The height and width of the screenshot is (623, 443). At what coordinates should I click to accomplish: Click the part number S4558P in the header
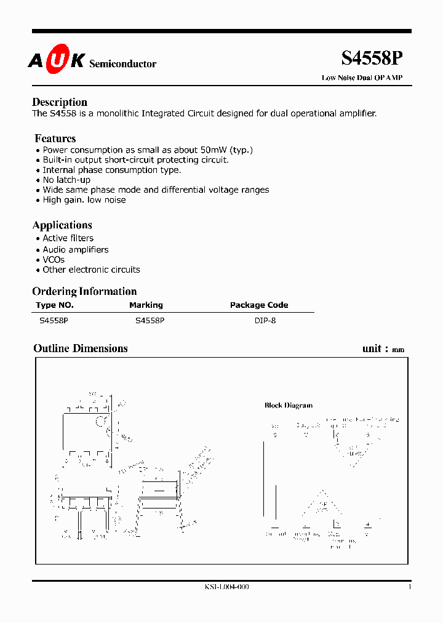(372, 58)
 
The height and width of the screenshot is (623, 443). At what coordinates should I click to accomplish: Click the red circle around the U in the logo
(54, 60)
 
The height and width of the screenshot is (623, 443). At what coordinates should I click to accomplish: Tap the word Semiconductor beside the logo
(123, 64)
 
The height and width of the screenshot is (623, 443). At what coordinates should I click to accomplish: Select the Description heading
(60, 102)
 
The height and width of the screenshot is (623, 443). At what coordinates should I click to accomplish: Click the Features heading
(55, 139)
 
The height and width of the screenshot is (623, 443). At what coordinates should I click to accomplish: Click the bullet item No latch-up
(66, 180)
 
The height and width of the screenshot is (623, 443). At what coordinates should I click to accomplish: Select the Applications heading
(62, 225)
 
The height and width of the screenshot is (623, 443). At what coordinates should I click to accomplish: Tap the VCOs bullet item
(54, 260)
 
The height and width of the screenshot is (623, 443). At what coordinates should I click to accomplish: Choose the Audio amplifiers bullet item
(75, 249)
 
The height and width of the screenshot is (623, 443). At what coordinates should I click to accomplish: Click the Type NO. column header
(55, 305)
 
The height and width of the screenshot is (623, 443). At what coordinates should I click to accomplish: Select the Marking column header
(146, 305)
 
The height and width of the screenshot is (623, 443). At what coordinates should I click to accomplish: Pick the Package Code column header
(258, 305)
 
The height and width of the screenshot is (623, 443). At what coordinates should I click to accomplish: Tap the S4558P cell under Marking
(150, 321)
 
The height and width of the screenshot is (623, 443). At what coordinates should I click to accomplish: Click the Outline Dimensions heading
(81, 348)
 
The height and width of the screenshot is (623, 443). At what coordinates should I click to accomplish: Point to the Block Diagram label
(289, 405)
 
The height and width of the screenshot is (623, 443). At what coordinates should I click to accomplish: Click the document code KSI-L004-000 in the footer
(226, 587)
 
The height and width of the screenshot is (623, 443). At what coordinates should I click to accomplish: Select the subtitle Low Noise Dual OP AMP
(362, 78)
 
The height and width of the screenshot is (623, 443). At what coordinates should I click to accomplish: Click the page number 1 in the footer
(409, 587)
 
